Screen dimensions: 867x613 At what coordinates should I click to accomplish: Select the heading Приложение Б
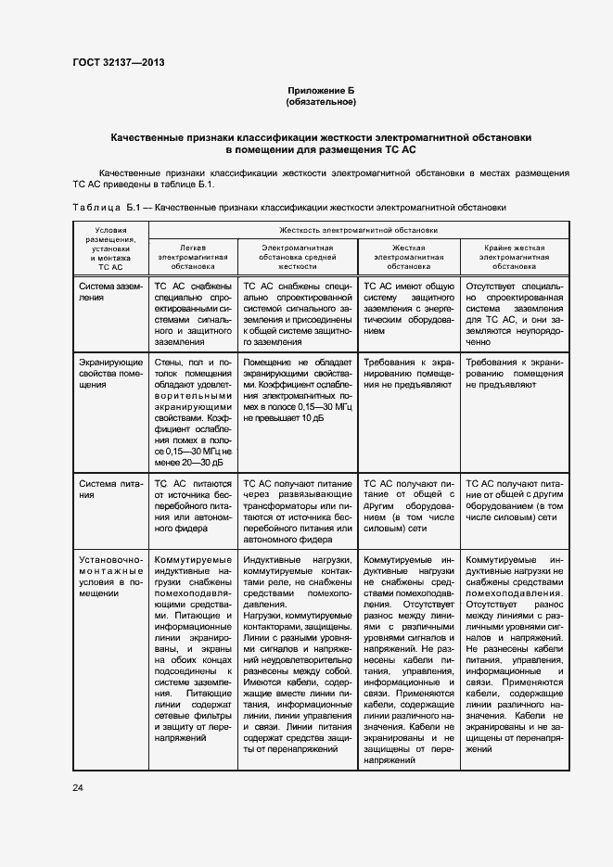321,91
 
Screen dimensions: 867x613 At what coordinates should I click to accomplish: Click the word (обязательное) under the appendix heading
321,102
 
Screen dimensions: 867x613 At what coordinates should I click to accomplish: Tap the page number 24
78,787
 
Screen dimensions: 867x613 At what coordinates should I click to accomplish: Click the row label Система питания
109,489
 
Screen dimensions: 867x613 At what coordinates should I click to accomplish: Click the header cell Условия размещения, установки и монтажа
109,248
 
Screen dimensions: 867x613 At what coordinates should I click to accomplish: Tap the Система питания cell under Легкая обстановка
192,508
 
